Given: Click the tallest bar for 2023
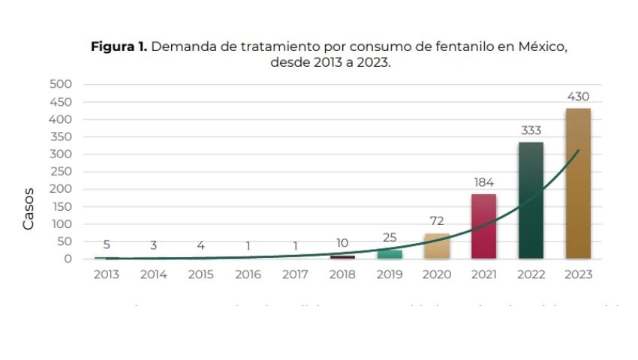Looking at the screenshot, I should point(577,184).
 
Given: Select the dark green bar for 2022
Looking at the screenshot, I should point(531,200).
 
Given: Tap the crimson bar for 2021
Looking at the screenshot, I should point(483,226).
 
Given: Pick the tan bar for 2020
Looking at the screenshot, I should point(436,246).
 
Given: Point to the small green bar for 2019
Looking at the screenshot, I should point(390,254).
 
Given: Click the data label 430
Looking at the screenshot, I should point(578,97).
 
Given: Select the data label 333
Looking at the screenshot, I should point(531,130).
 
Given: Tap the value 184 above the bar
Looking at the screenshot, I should point(483,182).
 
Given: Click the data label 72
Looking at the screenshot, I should point(437,221).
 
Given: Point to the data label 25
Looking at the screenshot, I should point(390,238).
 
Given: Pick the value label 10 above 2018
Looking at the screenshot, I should point(342,243).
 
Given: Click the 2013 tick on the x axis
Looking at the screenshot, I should point(107,274).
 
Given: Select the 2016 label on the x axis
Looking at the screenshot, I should point(248,274).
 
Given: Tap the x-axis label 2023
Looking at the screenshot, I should point(578,274).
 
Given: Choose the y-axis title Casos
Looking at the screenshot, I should point(29,208).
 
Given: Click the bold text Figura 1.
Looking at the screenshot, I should point(119,46).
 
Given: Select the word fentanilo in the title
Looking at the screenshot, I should point(460,46).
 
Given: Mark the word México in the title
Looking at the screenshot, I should point(541,46).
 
